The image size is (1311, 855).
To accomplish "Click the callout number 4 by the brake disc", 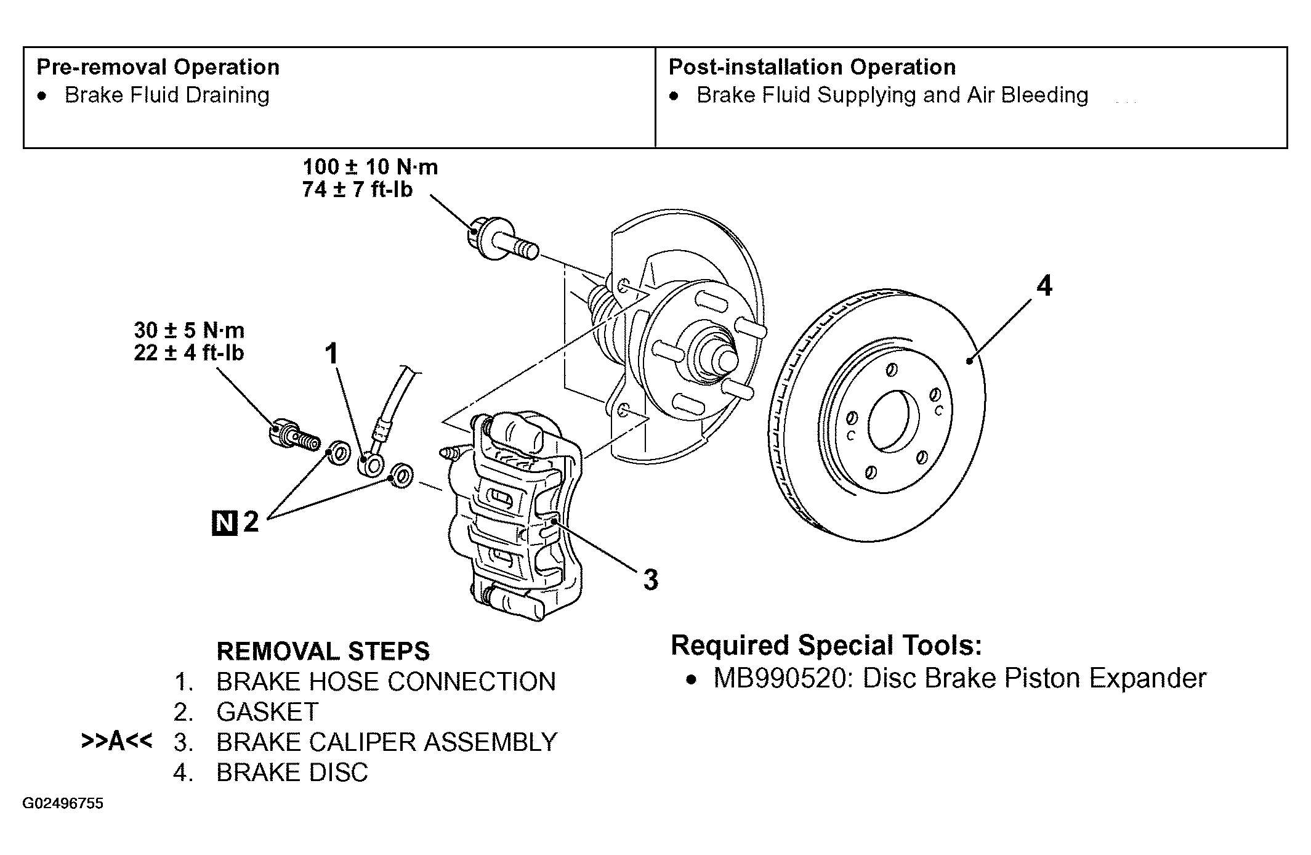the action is [1044, 286].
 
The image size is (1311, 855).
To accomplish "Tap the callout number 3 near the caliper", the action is [651, 580].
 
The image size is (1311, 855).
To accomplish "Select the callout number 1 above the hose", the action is [332, 354].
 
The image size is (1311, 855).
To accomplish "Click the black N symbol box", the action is [225, 523].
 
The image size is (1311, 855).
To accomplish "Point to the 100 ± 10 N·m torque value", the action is [370, 167].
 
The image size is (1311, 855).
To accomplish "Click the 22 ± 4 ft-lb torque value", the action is [189, 353].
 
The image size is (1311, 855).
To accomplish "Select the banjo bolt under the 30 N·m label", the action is [295, 435].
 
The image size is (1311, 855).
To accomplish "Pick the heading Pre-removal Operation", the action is [158, 67].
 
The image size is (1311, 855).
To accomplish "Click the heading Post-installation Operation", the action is [812, 67].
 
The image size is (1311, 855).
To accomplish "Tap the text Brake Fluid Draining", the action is [167, 95].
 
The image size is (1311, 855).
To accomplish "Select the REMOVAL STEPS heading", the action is [323, 651].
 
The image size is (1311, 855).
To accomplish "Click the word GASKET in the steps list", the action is [267, 712].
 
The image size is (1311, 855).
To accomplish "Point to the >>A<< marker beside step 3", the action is [116, 741].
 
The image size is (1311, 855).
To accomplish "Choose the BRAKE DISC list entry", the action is [292, 772].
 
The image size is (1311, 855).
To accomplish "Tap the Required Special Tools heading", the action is [826, 645].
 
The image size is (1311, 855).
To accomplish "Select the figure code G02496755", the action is [63, 804].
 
